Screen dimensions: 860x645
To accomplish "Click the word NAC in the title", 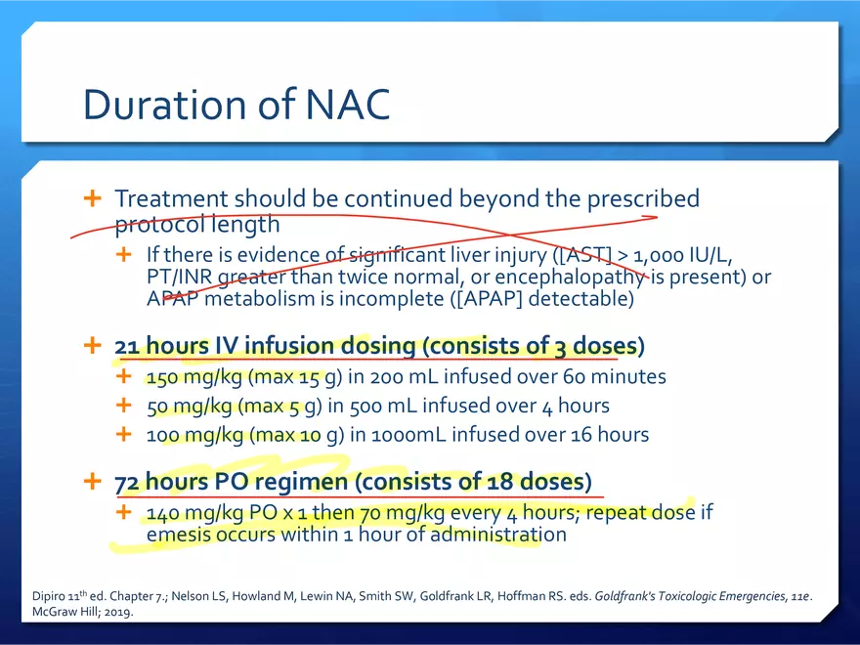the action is point(347,105).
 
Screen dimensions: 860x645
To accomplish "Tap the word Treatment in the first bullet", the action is point(171,198).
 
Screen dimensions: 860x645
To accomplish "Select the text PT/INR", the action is point(179,277).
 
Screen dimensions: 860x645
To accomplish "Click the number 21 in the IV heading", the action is point(127,347).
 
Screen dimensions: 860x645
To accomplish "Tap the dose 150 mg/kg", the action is point(194,377).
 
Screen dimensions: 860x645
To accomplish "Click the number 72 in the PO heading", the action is point(127,483).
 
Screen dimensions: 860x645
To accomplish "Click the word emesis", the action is point(178,535).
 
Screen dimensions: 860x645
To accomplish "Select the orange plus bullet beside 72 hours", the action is point(92,481).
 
